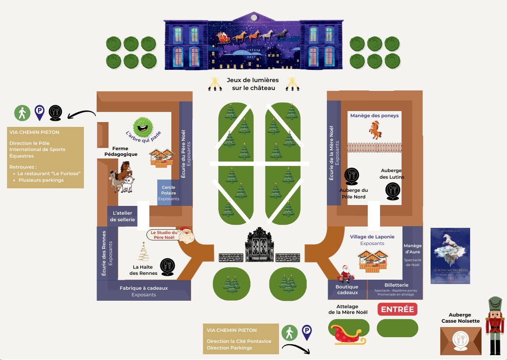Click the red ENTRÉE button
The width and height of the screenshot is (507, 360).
pyautogui.click(x=397, y=309)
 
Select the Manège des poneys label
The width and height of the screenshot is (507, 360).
pyautogui.click(x=374, y=116)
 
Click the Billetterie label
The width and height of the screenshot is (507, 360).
pyautogui.click(x=396, y=285)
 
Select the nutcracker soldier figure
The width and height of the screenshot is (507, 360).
pyautogui.click(x=495, y=325)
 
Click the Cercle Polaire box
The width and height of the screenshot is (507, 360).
pyautogui.click(x=169, y=193)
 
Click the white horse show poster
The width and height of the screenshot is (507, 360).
pyautogui.click(x=450, y=256)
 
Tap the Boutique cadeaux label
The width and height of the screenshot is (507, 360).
pyautogui.click(x=347, y=290)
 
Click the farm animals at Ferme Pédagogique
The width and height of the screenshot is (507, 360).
pyautogui.click(x=122, y=177)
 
